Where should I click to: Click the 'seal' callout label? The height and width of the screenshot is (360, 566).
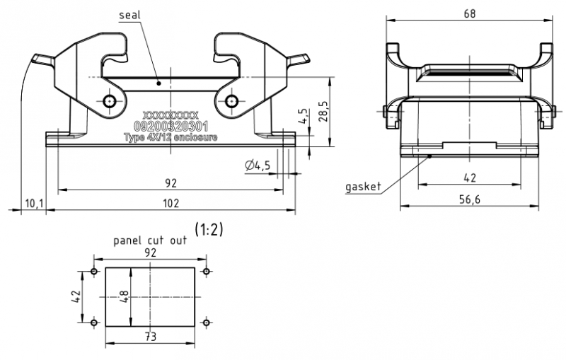(130, 15)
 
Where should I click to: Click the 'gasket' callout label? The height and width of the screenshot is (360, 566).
(363, 187)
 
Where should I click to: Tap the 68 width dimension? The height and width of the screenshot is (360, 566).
(470, 12)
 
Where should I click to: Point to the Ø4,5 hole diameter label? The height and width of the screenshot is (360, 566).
(259, 166)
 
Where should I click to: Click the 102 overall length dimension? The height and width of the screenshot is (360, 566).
(171, 204)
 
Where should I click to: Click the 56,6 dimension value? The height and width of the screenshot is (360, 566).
(470, 199)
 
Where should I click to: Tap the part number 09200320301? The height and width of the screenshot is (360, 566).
(171, 126)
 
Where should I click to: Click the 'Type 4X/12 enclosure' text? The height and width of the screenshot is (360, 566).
(171, 137)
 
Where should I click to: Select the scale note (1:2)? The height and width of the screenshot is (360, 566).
(209, 229)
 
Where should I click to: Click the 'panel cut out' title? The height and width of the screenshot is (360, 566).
(151, 240)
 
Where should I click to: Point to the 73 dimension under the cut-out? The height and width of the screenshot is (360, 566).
(150, 337)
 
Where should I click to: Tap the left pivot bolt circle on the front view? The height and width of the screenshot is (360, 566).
(109, 102)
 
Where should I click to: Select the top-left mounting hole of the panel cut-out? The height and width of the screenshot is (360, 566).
(94, 272)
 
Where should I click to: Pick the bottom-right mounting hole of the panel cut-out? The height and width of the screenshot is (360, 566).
(206, 323)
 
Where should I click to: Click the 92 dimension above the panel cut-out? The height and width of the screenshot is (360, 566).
(150, 252)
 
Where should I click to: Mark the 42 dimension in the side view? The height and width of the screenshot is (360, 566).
(470, 178)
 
